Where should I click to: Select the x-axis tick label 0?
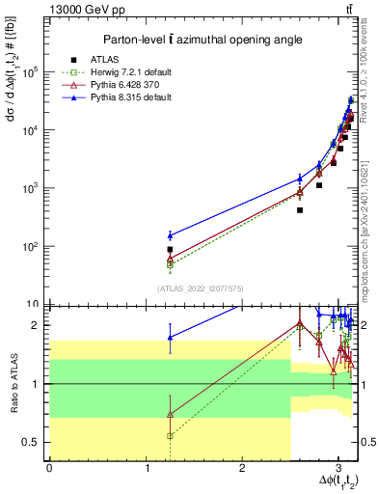click(x=49, y=468)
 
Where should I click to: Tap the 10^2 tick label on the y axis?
click(x=30, y=246)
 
